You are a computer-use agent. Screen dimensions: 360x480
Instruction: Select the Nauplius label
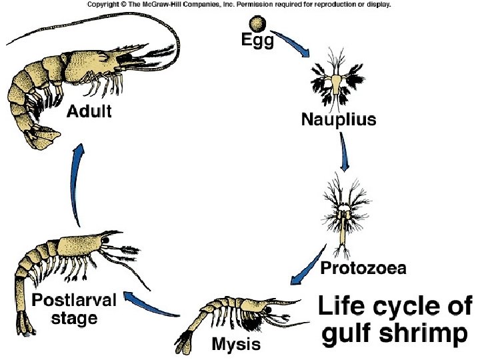click(x=339, y=121)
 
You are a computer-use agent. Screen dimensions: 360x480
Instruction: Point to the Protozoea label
click(x=363, y=269)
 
